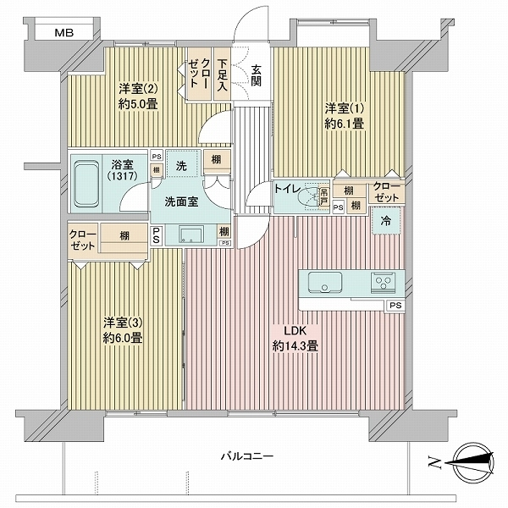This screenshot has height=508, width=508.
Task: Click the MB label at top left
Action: click(63, 33)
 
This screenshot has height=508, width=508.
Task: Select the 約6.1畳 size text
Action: click(345, 123)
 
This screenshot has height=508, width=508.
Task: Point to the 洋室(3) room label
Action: click(123, 323)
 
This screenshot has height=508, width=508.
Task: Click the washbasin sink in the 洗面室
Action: click(190, 234)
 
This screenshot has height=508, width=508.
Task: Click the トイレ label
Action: click(284, 189)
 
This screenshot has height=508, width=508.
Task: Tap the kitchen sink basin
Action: click(325, 282)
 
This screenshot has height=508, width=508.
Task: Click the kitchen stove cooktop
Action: click(384, 282)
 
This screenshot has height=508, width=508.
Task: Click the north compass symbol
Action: click(471, 462)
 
